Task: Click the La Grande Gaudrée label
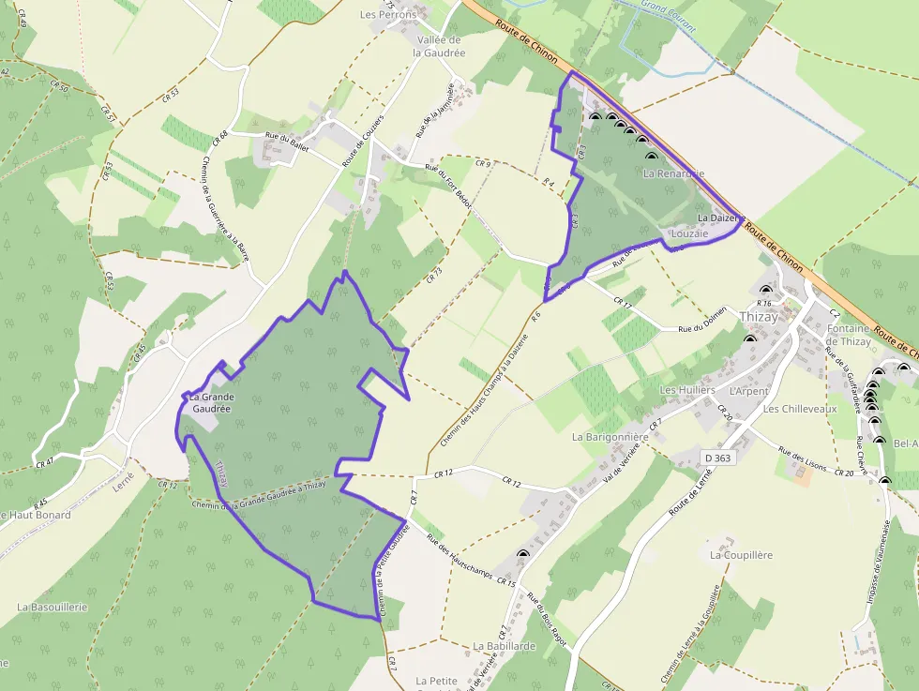click(213, 403)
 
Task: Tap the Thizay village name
click(759, 317)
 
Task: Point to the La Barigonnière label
click(610, 437)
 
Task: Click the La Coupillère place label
click(741, 555)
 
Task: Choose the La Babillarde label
click(504, 646)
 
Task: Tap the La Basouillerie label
click(52, 607)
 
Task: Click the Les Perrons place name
click(388, 15)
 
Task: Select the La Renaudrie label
click(673, 174)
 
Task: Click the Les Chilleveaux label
click(799, 409)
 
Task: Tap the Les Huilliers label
click(687, 389)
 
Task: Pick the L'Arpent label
click(748, 391)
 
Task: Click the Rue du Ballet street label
click(287, 138)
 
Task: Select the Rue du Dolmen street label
click(702, 319)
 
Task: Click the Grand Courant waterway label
click(669, 16)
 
